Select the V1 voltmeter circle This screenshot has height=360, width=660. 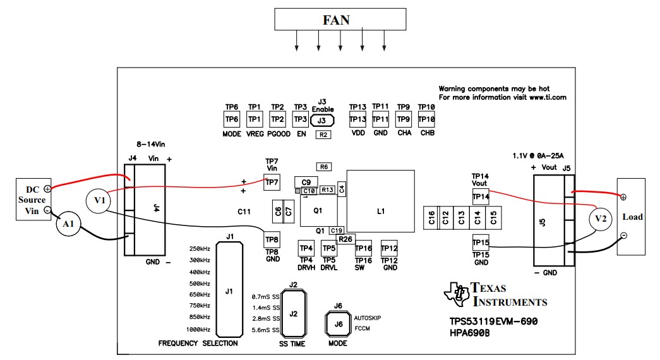pyautogui.click(x=97, y=200)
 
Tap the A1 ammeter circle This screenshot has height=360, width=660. pyautogui.click(x=69, y=224)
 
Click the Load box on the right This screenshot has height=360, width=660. pyautogui.click(x=631, y=217)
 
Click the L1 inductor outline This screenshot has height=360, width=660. pyautogui.click(x=380, y=201)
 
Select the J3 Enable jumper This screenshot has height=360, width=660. pyautogui.click(x=322, y=120)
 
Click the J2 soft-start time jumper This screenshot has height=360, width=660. pyautogui.click(x=293, y=314)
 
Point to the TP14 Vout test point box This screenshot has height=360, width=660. pyautogui.click(x=481, y=197)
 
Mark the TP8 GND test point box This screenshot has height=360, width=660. pyautogui.click(x=272, y=240)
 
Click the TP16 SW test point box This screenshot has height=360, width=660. pyautogui.click(x=363, y=249)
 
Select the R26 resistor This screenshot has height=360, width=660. pyautogui.click(x=345, y=239)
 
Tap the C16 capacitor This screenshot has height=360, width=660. pyautogui.click(x=431, y=218)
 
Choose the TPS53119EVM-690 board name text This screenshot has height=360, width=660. pyautogui.click(x=493, y=321)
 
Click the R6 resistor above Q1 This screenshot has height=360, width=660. pyautogui.click(x=324, y=167)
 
